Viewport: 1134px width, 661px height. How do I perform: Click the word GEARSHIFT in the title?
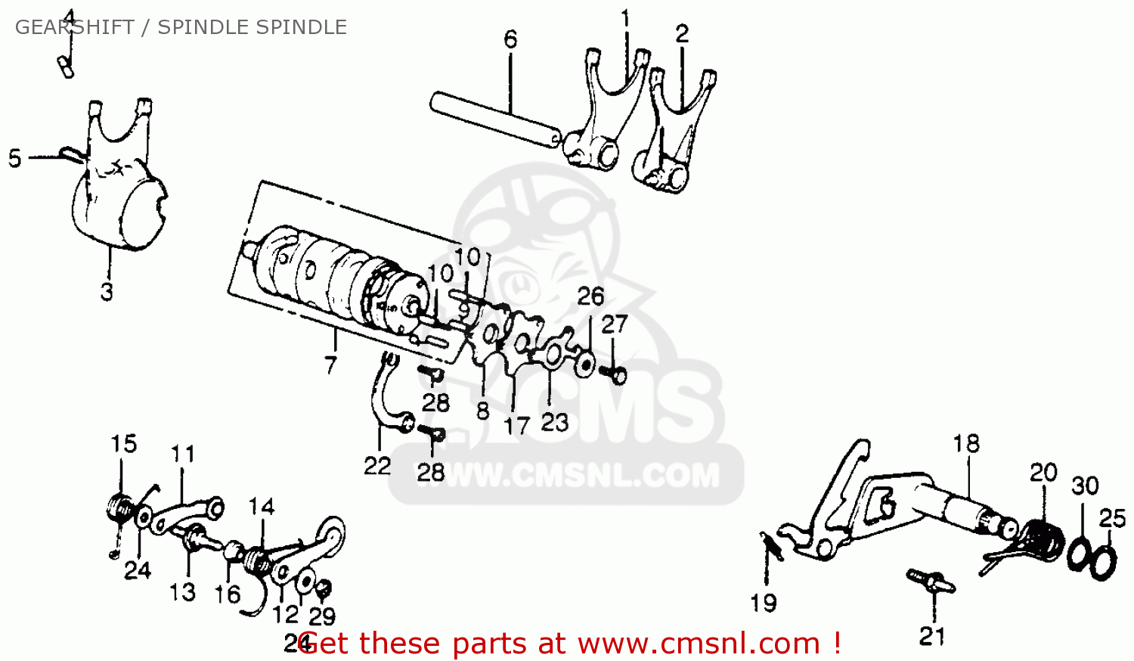pyautogui.click(x=74, y=27)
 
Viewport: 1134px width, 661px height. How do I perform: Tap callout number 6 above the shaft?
pyautogui.click(x=510, y=39)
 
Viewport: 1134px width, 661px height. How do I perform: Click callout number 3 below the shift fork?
pyautogui.click(x=107, y=290)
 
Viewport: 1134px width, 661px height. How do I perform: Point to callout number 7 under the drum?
pyautogui.click(x=330, y=365)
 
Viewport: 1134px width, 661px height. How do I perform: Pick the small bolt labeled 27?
pyautogui.click(x=614, y=374)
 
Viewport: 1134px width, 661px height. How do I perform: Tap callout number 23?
pyautogui.click(x=554, y=422)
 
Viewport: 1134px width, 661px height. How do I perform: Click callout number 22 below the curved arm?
pyautogui.click(x=377, y=465)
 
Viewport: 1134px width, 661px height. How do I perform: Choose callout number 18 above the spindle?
pyautogui.click(x=966, y=443)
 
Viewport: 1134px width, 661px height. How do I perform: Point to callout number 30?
pyautogui.click(x=1085, y=485)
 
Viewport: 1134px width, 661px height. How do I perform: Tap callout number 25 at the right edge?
pyautogui.click(x=1112, y=518)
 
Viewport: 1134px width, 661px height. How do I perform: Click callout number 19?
pyautogui.click(x=764, y=603)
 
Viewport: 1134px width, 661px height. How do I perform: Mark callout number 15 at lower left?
pyautogui.click(x=124, y=443)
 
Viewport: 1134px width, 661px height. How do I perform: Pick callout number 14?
pyautogui.click(x=262, y=506)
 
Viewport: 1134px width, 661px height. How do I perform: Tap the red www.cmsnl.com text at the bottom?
pyautogui.click(x=699, y=644)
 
